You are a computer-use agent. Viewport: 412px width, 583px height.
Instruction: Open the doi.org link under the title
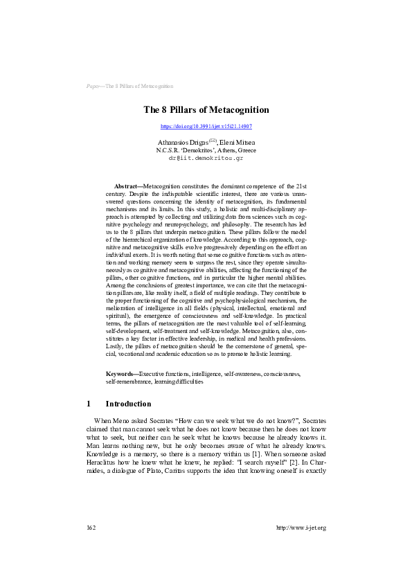point(206,127)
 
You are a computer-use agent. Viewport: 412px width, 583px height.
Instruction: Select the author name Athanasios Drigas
point(178,141)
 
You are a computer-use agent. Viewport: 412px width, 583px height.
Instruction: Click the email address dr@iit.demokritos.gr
point(206,158)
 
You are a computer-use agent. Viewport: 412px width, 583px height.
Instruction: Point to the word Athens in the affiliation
point(229,150)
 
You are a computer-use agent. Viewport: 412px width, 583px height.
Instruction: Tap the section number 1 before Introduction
point(89,404)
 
